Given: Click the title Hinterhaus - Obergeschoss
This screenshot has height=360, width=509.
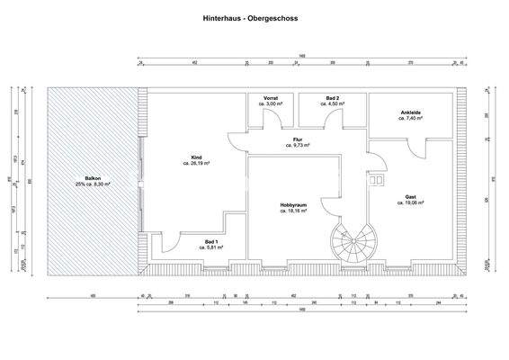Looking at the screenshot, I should pyautogui.click(x=252, y=17).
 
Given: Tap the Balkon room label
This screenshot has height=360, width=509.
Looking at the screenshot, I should pyautogui.click(x=94, y=178).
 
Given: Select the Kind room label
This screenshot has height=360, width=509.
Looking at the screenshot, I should pyautogui.click(x=196, y=157).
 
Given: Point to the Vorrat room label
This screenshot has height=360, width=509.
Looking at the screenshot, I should pyautogui.click(x=271, y=98).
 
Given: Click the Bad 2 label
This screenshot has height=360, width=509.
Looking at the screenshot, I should pyautogui.click(x=332, y=98).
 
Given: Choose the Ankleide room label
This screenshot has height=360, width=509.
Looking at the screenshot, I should pyautogui.click(x=411, y=112).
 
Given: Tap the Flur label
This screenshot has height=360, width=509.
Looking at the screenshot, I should pyautogui.click(x=298, y=139).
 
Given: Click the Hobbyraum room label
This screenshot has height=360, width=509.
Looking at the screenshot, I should pyautogui.click(x=293, y=204).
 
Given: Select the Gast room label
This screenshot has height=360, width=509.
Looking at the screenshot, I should pyautogui.click(x=410, y=197).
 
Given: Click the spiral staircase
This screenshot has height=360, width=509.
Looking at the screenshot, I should pyautogui.click(x=349, y=240).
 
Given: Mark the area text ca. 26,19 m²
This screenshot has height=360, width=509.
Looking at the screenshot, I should pyautogui.click(x=196, y=164).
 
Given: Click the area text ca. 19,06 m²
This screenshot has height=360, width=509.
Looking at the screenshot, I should pyautogui.click(x=410, y=203).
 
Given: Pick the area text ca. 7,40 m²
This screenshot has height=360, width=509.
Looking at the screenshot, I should pyautogui.click(x=411, y=119).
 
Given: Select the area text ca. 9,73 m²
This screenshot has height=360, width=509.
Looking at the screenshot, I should pyautogui.click(x=298, y=145).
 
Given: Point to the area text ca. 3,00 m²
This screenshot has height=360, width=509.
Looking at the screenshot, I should pyautogui.click(x=271, y=104).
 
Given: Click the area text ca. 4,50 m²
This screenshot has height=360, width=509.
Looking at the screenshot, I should pyautogui.click(x=332, y=104).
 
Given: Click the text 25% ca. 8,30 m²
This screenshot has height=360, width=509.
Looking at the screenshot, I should pyautogui.click(x=94, y=184).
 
